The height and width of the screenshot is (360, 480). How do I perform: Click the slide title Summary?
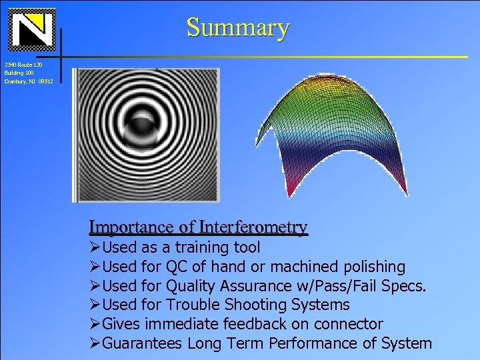click(237, 27)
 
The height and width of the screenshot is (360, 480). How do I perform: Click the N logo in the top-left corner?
click(31, 29)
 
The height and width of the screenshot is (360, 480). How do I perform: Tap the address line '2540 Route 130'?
click(23, 65)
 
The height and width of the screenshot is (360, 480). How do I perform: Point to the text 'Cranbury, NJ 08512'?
click(27, 81)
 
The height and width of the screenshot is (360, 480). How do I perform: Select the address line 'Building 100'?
click(19, 73)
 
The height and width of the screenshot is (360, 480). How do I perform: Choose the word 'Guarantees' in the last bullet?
click(143, 343)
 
